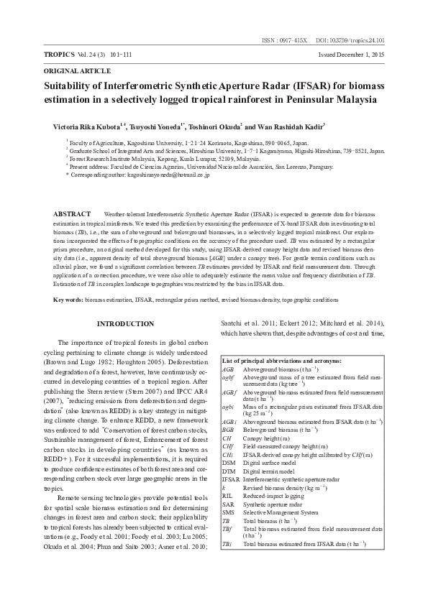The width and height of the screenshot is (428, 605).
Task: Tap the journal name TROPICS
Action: tap(60, 55)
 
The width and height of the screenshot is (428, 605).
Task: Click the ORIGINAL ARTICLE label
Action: tap(77, 72)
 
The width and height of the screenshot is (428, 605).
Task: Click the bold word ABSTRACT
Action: tap(73, 214)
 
